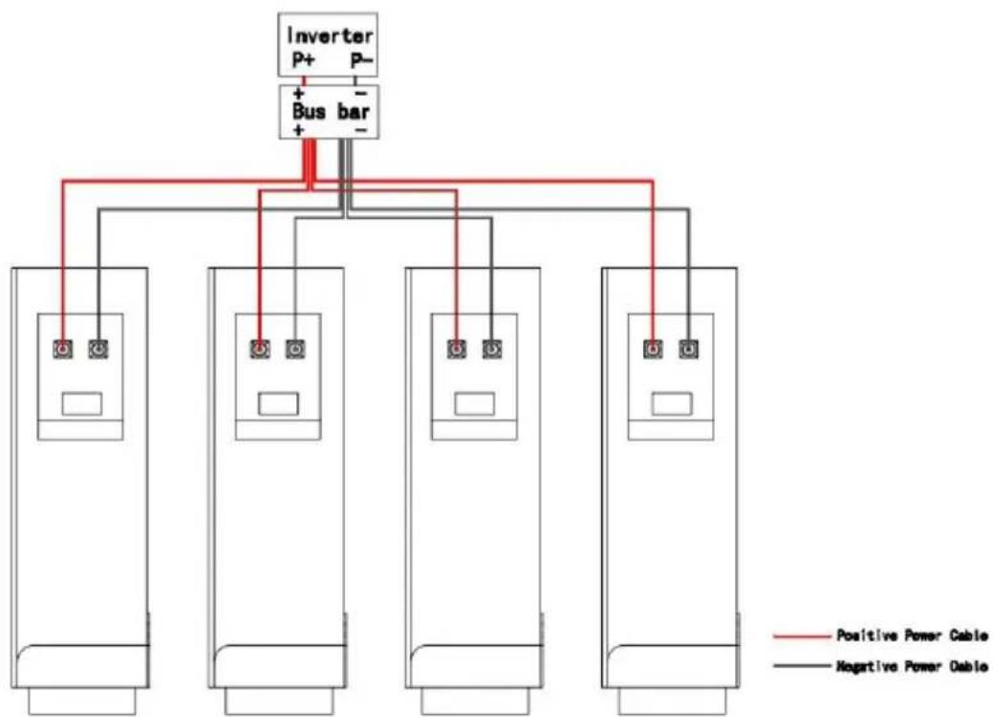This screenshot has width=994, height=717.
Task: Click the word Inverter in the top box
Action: (330, 34)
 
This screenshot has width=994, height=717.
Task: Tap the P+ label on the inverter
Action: (303, 60)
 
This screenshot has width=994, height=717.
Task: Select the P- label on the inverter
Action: (362, 60)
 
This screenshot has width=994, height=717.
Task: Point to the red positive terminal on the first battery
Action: (63, 349)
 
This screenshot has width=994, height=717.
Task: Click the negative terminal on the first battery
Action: (98, 349)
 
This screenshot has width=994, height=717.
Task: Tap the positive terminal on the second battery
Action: (259, 349)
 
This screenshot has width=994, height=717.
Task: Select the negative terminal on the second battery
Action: (294, 349)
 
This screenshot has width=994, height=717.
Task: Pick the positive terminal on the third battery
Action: (457, 349)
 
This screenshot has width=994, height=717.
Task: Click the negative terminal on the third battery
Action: (492, 349)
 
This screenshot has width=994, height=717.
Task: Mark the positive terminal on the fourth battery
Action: (653, 349)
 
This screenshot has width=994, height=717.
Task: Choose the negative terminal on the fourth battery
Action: (688, 349)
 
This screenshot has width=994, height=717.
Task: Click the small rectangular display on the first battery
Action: (82, 403)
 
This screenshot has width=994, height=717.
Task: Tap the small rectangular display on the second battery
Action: (278, 403)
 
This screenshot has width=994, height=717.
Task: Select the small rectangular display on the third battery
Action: (475, 403)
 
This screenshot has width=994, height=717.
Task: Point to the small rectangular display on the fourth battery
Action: (672, 403)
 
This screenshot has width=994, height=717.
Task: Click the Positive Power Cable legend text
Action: (912, 635)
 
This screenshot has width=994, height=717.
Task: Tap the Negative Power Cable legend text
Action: (912, 665)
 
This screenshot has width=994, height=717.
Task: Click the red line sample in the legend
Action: (801, 636)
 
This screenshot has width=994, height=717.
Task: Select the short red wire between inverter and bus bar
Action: (304, 81)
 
